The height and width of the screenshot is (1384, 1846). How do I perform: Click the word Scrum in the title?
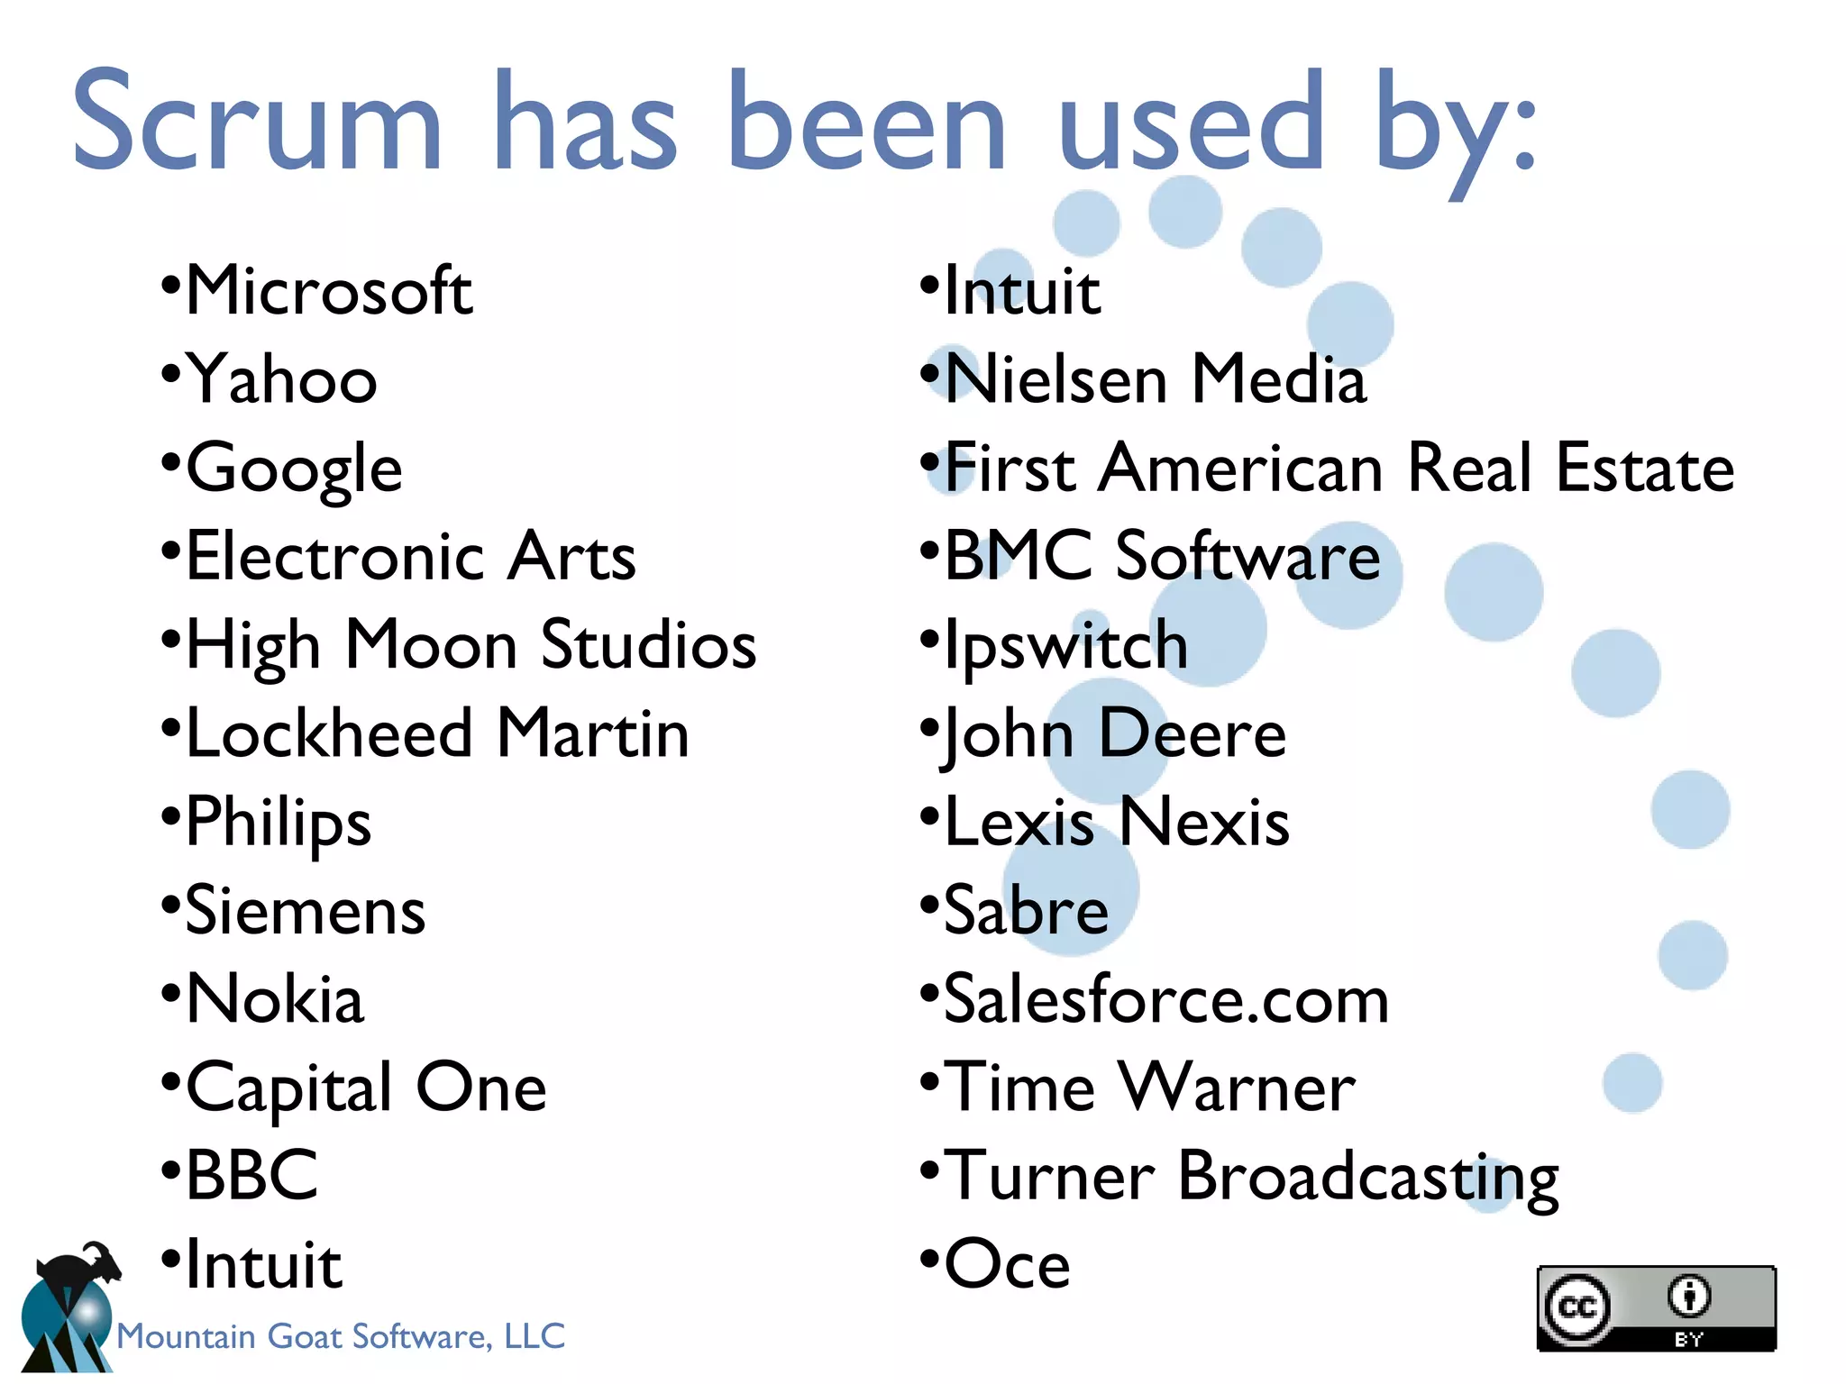point(258,122)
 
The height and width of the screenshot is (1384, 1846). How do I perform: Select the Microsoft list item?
point(329,290)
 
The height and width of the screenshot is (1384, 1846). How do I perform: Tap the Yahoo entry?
point(281,379)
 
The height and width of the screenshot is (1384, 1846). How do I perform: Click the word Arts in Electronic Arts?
point(571,556)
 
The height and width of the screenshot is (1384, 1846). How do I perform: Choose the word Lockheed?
point(329,733)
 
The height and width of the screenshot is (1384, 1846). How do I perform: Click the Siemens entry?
point(305,910)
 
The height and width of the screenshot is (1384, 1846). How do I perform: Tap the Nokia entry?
point(275,999)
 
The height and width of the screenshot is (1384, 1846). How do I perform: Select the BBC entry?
point(252,1176)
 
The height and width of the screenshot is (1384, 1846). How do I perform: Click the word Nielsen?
point(1056,379)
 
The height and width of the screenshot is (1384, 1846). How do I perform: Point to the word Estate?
point(1645,468)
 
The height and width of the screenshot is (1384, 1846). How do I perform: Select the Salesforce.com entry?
point(1166,999)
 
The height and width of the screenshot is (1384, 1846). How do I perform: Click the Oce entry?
point(1007,1264)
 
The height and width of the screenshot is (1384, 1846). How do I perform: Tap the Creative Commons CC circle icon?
point(1577,1307)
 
